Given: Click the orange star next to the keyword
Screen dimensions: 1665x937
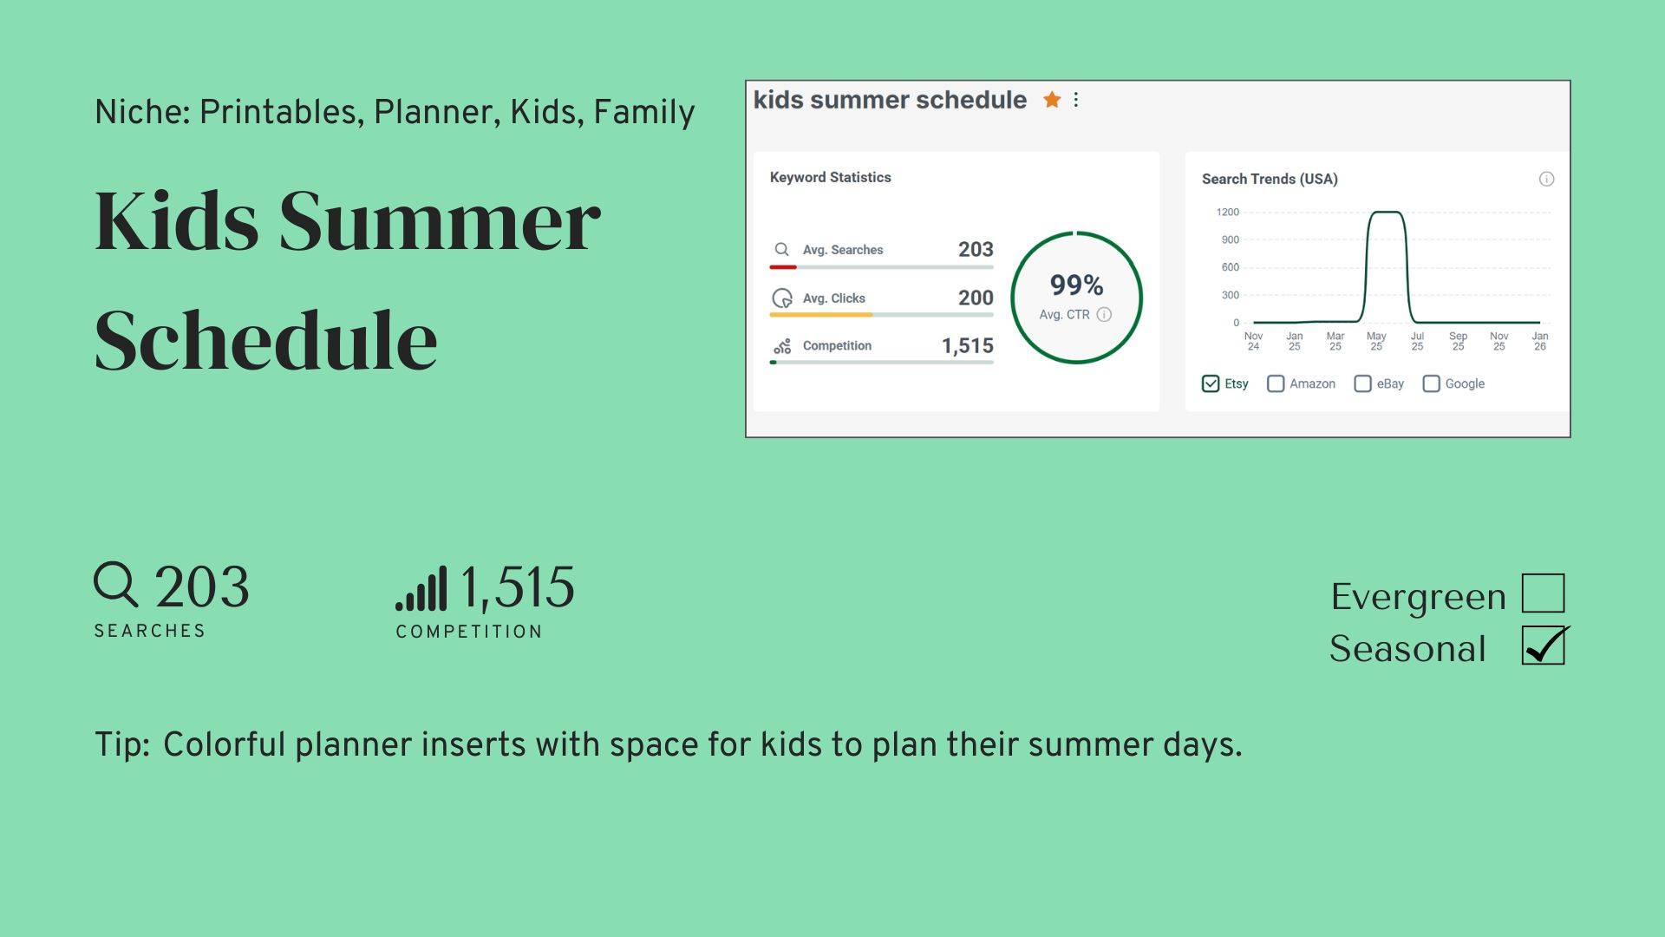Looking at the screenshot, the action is pyautogui.click(x=1052, y=100).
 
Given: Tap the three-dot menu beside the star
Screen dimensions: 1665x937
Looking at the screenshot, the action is pyautogui.click(x=1076, y=100).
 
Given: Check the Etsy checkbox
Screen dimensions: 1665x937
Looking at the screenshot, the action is pyautogui.click(x=1211, y=383).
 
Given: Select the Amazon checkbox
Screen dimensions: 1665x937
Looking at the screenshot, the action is pyautogui.click(x=1276, y=383).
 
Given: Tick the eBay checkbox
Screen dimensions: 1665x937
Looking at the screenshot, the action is pyautogui.click(x=1362, y=383).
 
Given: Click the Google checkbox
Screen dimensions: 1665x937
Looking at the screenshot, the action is pyautogui.click(x=1431, y=383).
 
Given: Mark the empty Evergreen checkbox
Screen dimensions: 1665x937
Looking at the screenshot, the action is pyautogui.click(x=1543, y=593).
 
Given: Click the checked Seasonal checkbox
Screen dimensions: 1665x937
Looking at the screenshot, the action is pyautogui.click(x=1543, y=645).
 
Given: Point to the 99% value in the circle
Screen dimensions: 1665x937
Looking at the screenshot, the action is pyautogui.click(x=1076, y=285).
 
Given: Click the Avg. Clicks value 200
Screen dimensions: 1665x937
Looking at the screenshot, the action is pyautogui.click(x=976, y=298).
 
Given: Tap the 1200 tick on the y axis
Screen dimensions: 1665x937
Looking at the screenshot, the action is pyautogui.click(x=1228, y=212).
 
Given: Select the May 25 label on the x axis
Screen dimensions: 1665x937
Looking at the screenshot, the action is pyautogui.click(x=1376, y=341).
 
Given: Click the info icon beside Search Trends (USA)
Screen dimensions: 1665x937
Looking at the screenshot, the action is pyautogui.click(x=1546, y=179).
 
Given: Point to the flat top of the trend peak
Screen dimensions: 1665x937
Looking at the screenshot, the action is pyautogui.click(x=1386, y=212).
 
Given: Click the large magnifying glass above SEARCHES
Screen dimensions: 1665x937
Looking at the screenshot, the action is pyautogui.click(x=116, y=584).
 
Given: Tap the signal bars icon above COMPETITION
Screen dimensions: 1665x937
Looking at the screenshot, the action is pyautogui.click(x=421, y=588).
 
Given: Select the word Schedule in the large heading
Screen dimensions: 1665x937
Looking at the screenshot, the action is pyautogui.click(x=266, y=339).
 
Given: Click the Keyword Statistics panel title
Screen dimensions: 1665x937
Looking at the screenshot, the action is pyautogui.click(x=830, y=177).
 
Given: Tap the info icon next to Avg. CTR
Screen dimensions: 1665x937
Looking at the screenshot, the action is pyautogui.click(x=1104, y=314).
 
